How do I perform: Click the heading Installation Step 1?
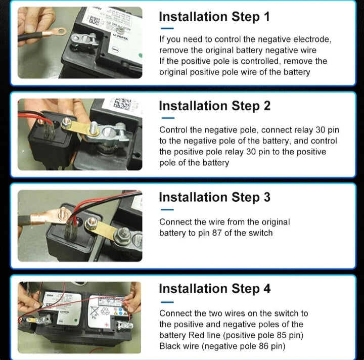click(x=214, y=17)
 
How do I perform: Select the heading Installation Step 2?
click(x=215, y=106)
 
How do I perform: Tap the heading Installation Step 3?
click(x=215, y=197)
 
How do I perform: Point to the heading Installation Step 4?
click(x=215, y=289)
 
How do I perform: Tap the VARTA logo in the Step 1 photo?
click(x=120, y=37)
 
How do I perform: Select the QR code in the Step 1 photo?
click(x=94, y=20)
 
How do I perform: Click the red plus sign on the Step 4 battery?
click(x=107, y=324)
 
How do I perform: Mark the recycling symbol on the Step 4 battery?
click(x=105, y=311)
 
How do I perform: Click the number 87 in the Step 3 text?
click(x=217, y=233)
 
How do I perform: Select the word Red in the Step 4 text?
click(x=196, y=335)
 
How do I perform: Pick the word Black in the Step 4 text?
click(x=169, y=346)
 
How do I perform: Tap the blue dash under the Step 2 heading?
click(x=168, y=118)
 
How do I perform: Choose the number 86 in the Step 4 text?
click(x=264, y=346)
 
